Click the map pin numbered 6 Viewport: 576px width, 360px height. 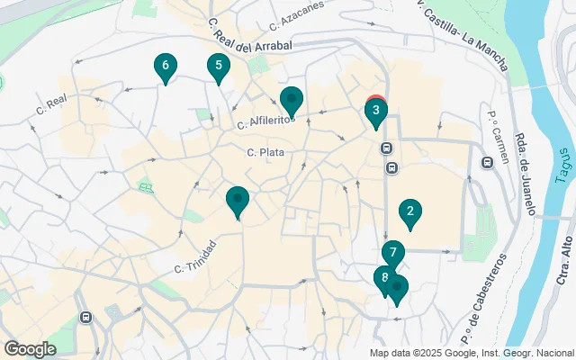tap(165, 66)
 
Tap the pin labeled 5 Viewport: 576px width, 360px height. tap(217, 66)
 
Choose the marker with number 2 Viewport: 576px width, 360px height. tap(410, 212)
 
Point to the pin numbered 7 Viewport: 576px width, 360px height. tap(392, 254)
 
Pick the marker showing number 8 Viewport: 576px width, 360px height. tap(384, 278)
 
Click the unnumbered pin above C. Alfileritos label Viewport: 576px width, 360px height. tap(292, 100)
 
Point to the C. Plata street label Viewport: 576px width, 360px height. tap(265, 153)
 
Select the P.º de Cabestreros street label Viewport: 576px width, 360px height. tap(483, 288)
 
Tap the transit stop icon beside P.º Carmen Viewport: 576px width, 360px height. tap(487, 163)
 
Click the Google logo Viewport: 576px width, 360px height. tap(30, 348)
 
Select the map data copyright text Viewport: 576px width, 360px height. tap(471, 353)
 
